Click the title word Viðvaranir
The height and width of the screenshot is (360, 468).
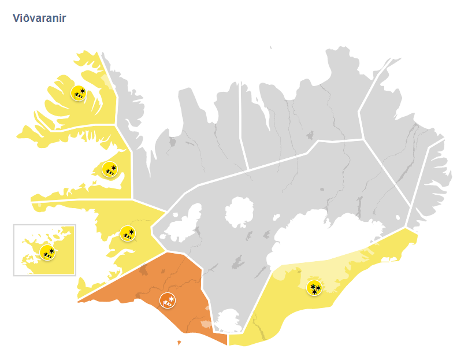click(x=39, y=18)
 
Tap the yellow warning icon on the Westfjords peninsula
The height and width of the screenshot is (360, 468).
click(x=78, y=92)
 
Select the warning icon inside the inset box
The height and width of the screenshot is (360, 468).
click(x=47, y=252)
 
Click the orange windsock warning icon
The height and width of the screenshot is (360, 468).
click(x=167, y=300)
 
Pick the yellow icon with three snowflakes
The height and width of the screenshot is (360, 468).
click(x=314, y=288)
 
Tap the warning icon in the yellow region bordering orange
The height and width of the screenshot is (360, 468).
click(x=127, y=233)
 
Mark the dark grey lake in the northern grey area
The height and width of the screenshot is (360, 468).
click(x=310, y=135)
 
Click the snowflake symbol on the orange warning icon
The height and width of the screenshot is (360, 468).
click(x=171, y=298)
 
